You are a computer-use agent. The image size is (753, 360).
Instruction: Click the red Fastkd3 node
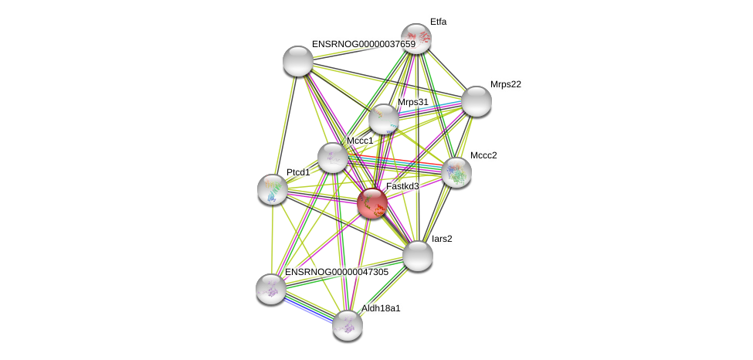pos(371,203)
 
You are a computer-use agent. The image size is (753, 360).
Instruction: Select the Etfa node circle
pos(416,39)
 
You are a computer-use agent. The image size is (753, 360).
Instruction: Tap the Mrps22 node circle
pos(476,101)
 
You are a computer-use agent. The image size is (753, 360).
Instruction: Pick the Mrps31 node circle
pos(383,119)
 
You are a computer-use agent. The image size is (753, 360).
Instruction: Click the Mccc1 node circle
pos(333,158)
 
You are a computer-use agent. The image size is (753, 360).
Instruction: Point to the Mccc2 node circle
pos(456,172)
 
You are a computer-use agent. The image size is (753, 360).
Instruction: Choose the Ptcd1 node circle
pos(272,189)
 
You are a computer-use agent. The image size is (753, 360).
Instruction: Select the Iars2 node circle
pos(418,256)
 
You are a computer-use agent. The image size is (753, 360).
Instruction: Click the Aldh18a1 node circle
pos(348,324)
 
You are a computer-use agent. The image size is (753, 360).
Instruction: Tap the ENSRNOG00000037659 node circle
pos(297,61)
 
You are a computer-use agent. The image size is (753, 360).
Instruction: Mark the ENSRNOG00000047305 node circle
pos(271,288)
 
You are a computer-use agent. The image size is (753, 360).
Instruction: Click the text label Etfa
pos(438,22)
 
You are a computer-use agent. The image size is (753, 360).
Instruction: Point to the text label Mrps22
pos(505,84)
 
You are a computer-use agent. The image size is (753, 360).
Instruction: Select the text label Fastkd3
pos(402,186)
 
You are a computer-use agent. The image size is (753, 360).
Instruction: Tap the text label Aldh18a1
pos(381,308)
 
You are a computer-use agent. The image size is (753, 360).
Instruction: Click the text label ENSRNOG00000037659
pos(363,44)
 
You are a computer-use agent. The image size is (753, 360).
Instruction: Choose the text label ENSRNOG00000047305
pos(337,272)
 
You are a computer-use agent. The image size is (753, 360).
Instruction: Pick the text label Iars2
pos(442,239)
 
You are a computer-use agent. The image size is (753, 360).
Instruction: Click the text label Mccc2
pos(483,155)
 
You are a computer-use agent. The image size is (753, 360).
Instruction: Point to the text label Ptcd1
pos(297,172)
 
